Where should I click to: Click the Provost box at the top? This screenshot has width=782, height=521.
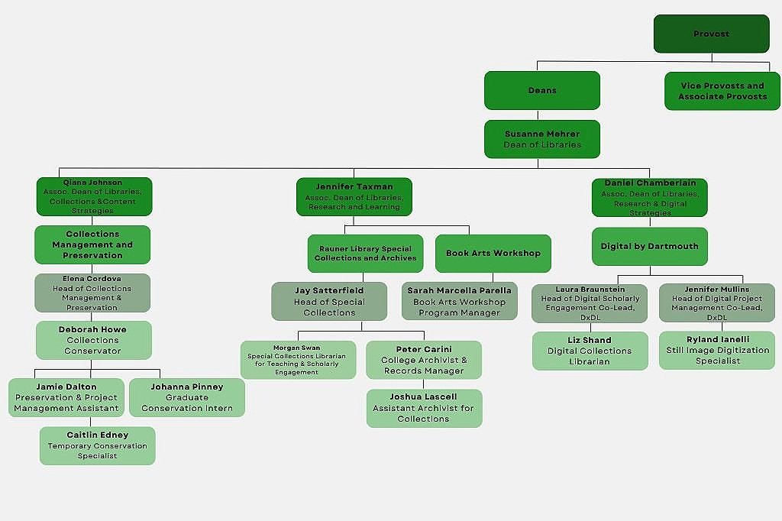point(711,34)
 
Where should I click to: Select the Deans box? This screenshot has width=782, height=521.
point(542,90)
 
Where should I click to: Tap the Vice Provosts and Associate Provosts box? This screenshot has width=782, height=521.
point(722,91)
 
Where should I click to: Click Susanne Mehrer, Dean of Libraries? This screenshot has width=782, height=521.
point(542,139)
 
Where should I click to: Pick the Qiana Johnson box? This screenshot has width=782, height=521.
point(93,196)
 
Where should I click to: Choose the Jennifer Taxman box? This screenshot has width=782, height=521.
point(354,196)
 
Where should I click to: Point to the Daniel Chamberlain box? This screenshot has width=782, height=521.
point(649,197)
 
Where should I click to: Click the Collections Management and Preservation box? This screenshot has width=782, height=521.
point(92,244)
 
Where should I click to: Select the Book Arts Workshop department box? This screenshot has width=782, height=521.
point(493,253)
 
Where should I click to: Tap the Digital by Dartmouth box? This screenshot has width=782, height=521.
point(649,246)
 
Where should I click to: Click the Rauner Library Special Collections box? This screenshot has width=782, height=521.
point(365,253)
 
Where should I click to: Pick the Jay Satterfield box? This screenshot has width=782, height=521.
point(329,301)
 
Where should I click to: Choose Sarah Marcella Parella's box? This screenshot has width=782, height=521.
point(459,301)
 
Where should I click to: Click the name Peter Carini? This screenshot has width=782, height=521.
point(424,350)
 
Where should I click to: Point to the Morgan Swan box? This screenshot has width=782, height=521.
point(298,359)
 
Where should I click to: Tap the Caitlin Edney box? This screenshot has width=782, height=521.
point(98,445)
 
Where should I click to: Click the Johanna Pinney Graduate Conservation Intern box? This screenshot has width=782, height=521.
point(187,397)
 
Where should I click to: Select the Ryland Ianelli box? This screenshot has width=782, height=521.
point(718,350)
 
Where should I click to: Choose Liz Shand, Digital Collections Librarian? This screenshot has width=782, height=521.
point(590,351)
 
